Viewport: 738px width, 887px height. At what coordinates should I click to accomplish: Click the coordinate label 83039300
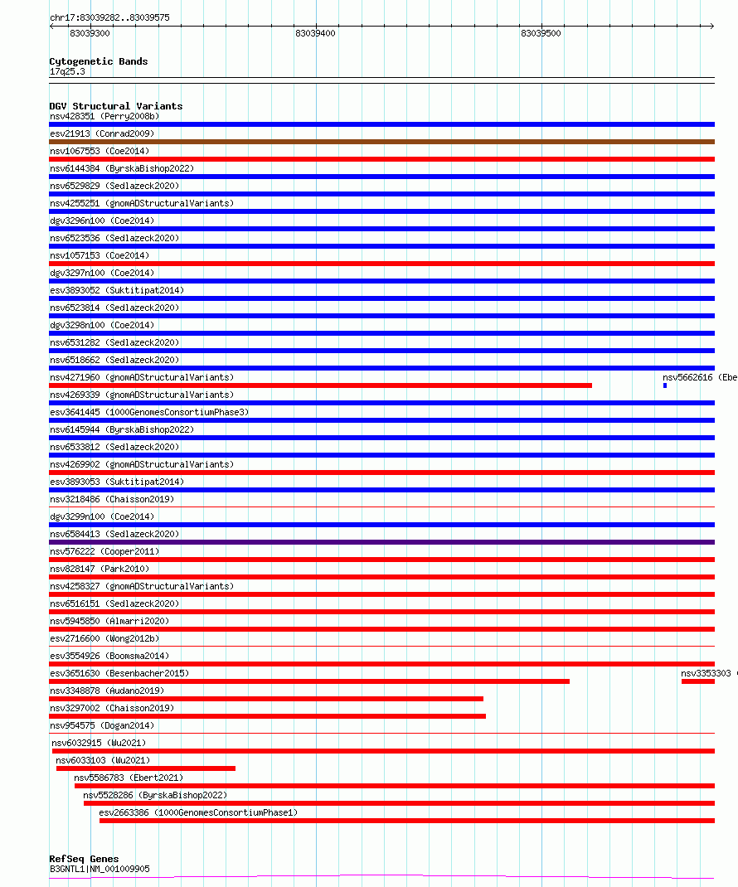pos(90,33)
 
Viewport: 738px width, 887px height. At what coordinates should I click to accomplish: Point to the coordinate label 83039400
pos(315,33)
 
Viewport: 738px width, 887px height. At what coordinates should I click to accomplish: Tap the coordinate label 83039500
pos(541,33)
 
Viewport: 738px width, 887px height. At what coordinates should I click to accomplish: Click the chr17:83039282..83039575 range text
pos(109,17)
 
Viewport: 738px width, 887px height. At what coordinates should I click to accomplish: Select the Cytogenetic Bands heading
pos(98,61)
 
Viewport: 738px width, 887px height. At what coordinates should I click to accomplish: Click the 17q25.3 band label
pos(67,71)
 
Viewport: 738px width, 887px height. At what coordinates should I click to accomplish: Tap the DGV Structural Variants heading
pos(115,106)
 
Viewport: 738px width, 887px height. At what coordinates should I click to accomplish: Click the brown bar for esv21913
pos(381,142)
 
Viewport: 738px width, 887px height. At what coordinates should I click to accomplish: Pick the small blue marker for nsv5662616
pos(665,385)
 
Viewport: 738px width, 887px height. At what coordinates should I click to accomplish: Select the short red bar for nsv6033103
pos(146,768)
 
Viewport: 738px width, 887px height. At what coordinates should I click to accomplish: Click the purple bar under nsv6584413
pos(381,542)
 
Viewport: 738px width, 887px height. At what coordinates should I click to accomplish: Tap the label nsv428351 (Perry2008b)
pos(104,116)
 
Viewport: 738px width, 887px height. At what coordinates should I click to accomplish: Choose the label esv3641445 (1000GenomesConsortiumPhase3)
pos(149,412)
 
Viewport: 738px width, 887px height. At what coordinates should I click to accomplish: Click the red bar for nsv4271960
pos(320,385)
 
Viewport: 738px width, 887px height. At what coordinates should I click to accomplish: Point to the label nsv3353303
pos(706,673)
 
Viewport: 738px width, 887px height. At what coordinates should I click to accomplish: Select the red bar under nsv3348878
pos(266,699)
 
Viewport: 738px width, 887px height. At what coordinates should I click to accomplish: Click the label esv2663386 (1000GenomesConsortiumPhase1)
pos(197,812)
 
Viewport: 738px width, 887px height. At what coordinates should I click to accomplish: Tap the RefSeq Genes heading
pos(84,859)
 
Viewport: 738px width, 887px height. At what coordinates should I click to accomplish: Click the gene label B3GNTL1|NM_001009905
pos(100,869)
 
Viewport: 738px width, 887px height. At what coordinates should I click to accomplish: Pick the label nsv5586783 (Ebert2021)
pos(129,778)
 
